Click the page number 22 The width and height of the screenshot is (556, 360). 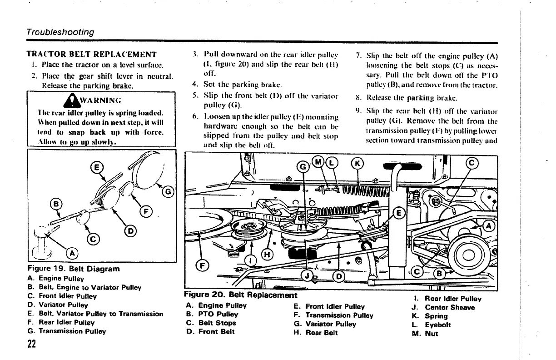[32, 344]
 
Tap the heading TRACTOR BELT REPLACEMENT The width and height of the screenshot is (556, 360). [92, 55]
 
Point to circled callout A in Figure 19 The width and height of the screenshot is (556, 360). [71, 253]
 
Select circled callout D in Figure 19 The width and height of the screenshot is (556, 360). [130, 231]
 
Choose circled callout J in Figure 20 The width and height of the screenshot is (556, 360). [308, 275]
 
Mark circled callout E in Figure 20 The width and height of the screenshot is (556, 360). [399, 213]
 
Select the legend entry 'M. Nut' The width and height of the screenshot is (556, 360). [431, 333]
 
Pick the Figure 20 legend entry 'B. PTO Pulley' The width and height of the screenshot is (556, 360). [212, 314]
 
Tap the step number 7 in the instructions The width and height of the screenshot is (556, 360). [358, 56]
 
